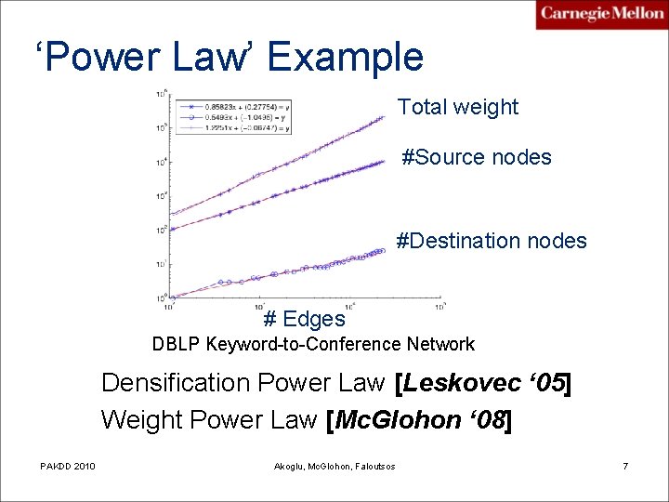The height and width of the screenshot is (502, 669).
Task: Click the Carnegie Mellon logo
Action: [601, 14]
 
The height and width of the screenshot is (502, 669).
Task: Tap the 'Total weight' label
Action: [458, 107]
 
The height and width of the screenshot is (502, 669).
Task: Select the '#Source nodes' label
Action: [477, 157]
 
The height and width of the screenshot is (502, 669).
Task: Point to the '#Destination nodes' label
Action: [492, 241]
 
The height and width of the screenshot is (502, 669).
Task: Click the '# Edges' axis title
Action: [304, 319]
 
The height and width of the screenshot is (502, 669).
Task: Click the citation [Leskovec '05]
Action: [482, 382]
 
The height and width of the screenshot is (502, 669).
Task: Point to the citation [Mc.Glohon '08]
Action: [419, 419]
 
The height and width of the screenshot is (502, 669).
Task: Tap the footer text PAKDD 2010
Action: [67, 465]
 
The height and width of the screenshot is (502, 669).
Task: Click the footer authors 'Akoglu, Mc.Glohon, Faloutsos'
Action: [334, 465]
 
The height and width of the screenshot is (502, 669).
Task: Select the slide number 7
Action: [625, 465]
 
